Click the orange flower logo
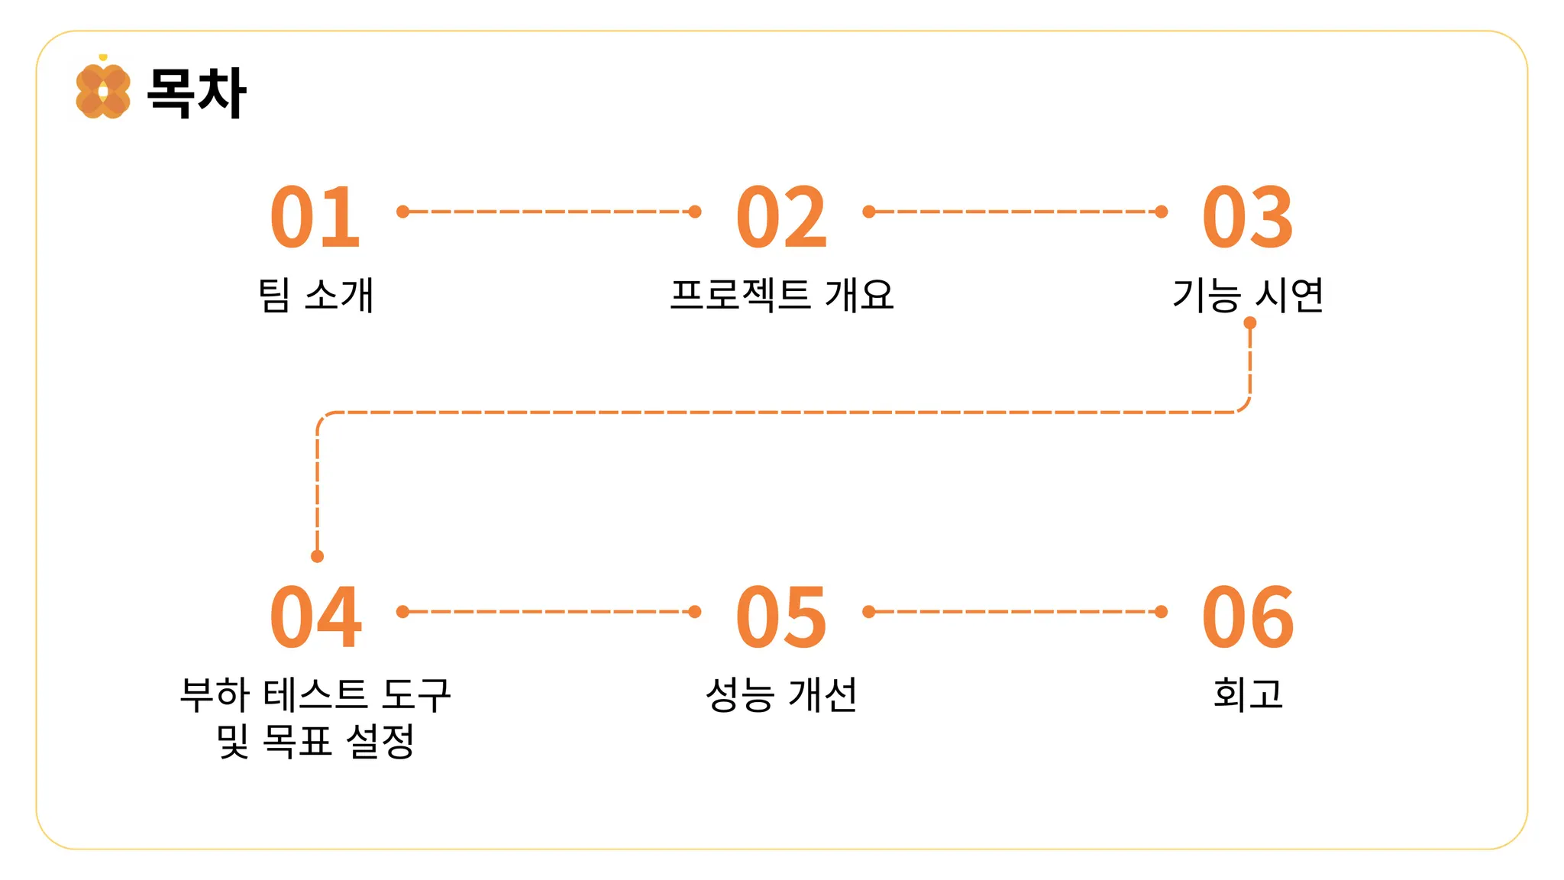[x=103, y=91]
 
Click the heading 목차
[x=196, y=92]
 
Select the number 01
[x=315, y=218]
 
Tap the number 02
[x=781, y=218]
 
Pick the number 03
[x=1248, y=218]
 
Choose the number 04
[x=315, y=617]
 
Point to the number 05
[x=781, y=617]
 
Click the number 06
[x=1248, y=617]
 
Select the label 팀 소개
[x=316, y=295]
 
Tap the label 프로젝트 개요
[x=781, y=295]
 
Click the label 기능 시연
[x=1248, y=295]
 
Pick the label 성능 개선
[x=781, y=694]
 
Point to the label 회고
[x=1248, y=694]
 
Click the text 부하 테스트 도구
[x=315, y=694]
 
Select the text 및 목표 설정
[x=315, y=740]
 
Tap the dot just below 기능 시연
[x=1250, y=323]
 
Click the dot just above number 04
[x=318, y=556]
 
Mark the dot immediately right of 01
[x=403, y=212]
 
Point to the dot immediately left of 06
[x=1162, y=612]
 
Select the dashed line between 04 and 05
[x=548, y=612]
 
